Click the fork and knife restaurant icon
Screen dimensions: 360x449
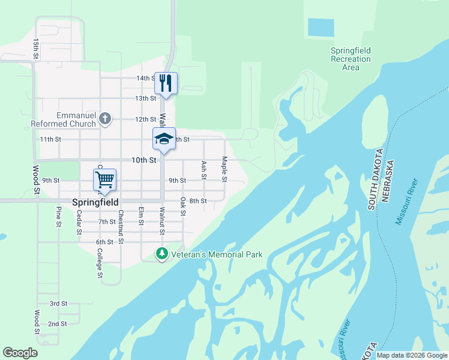click(x=164, y=82)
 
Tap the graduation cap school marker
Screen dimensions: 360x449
click(x=164, y=139)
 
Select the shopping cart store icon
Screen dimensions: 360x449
click(x=104, y=179)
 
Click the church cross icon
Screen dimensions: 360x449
click(x=105, y=118)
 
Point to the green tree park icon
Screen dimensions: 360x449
click(x=161, y=254)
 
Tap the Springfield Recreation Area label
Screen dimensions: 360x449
click(x=351, y=59)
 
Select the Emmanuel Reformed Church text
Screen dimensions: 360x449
click(x=64, y=119)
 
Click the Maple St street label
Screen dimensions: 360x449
click(x=224, y=169)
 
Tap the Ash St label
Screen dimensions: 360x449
click(x=204, y=170)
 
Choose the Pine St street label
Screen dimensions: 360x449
click(x=59, y=216)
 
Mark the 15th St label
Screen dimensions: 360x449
click(x=36, y=49)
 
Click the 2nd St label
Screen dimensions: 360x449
click(x=57, y=323)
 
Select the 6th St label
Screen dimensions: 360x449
click(x=104, y=242)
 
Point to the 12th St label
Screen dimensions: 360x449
click(x=145, y=119)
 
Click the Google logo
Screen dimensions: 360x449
click(x=20, y=353)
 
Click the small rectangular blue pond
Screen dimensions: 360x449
click(x=321, y=27)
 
